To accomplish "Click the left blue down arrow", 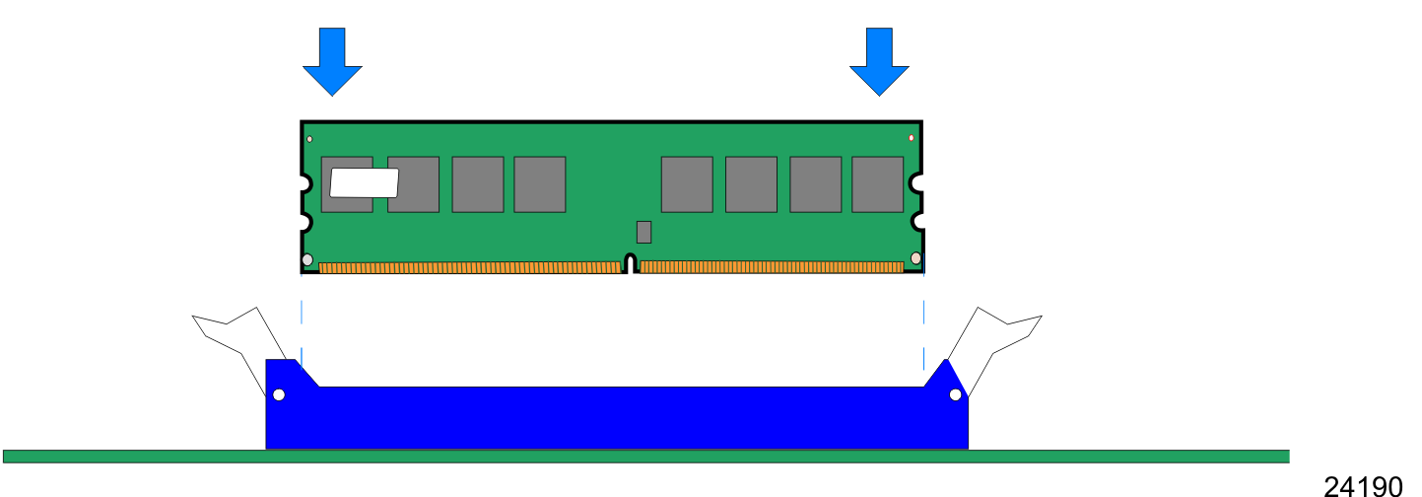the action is pos(333,62).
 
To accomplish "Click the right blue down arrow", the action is pos(879,62).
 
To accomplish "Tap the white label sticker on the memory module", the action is pos(365,183).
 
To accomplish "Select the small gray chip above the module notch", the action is pos(643,232).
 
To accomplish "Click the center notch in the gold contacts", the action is pos(631,263).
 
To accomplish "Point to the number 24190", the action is pos(1363,486).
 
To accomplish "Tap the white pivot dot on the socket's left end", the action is pos(279,394).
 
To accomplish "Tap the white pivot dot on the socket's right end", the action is pos(956,394).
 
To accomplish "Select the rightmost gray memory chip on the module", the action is pos(877,184).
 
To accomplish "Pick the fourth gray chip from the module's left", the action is pos(540,184).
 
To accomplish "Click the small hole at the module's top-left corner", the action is pos(309,139).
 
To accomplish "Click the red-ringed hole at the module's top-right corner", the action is pos(911,138).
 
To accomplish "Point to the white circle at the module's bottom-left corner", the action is pos(307,259).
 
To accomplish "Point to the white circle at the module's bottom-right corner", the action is pos(915,258).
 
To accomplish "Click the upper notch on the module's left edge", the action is pos(305,184).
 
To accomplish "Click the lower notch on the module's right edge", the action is pos(917,222).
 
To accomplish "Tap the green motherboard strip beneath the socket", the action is pos(646,457).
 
